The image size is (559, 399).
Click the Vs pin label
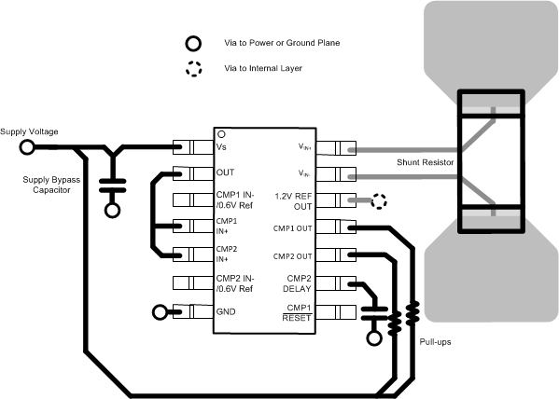click(222, 146)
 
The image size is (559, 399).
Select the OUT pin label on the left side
click(226, 172)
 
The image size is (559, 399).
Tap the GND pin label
click(227, 311)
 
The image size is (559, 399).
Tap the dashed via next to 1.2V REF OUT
click(380, 200)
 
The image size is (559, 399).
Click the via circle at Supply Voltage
click(27, 146)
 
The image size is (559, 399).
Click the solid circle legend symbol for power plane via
click(193, 43)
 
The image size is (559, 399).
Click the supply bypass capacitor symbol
click(113, 183)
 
